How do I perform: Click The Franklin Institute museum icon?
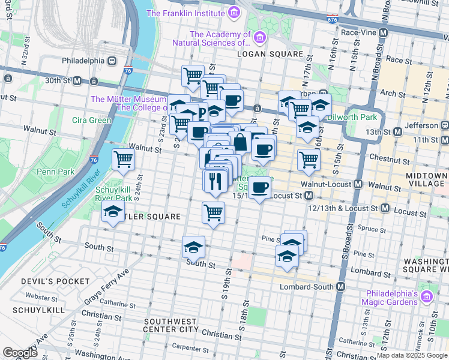234,13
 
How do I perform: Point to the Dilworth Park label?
355,117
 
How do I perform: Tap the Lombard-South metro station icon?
340,287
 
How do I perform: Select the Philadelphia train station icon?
112,61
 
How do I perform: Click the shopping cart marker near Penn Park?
123,160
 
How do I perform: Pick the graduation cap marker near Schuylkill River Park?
112,212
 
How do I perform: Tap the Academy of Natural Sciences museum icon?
260,38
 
